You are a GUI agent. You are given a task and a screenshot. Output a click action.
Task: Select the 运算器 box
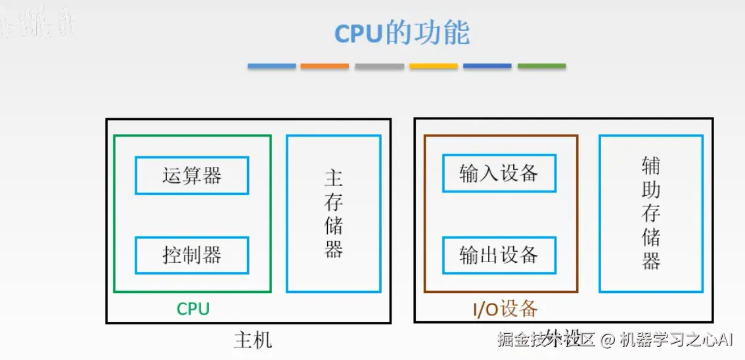(x=192, y=175)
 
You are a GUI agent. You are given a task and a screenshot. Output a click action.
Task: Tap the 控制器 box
(x=192, y=255)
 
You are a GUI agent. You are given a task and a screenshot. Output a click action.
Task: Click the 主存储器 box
(x=334, y=214)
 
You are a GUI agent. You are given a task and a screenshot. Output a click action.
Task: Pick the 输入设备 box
(x=499, y=173)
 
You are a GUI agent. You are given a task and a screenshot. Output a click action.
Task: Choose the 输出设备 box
(x=499, y=255)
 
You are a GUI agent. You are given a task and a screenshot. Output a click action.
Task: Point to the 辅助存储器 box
(x=651, y=214)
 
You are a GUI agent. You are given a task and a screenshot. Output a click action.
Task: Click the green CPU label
(x=193, y=309)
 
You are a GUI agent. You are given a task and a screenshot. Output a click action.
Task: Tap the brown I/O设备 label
(x=505, y=309)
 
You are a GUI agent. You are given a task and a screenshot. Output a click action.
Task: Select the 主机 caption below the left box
(x=252, y=340)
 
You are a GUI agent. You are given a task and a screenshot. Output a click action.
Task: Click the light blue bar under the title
(x=272, y=66)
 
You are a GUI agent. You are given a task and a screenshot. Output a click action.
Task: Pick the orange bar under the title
(x=325, y=66)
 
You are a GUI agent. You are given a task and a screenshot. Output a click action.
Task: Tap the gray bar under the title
(x=379, y=66)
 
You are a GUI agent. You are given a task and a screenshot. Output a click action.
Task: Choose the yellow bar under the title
(x=433, y=66)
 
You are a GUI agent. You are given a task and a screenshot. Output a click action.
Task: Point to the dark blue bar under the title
(x=487, y=66)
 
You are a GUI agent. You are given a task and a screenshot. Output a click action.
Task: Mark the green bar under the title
(x=541, y=66)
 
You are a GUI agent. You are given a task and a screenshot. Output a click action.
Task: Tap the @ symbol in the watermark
(x=607, y=340)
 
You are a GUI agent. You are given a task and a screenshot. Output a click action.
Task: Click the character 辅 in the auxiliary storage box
(x=651, y=166)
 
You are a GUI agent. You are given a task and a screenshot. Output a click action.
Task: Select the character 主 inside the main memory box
(x=334, y=179)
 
